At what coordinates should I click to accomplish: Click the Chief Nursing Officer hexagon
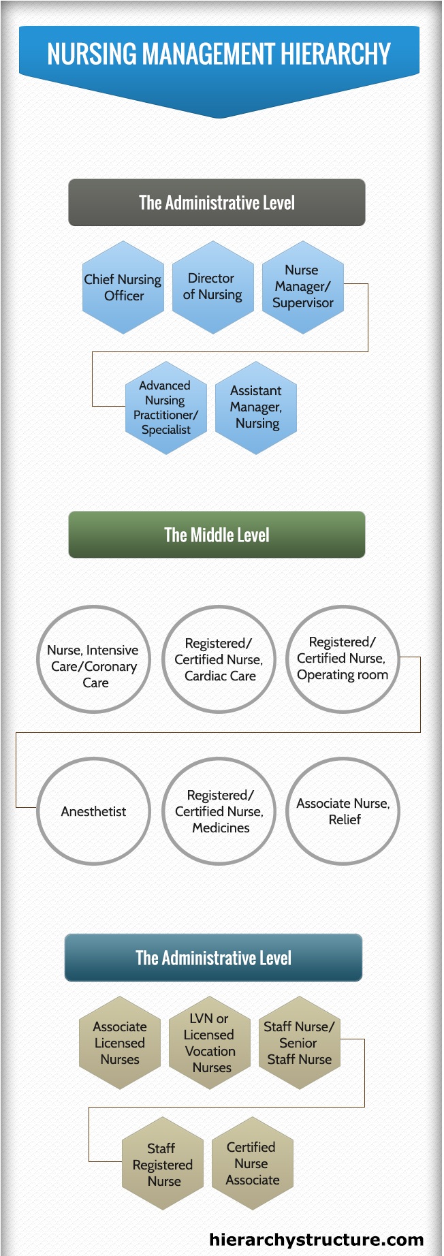pos(123,287)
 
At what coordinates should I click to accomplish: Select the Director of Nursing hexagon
pos(213,287)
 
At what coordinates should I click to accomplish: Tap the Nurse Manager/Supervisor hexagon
pos(303,287)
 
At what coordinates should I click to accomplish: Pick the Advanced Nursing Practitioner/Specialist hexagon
pos(166,408)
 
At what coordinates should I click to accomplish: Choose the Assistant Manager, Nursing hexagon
pos(256,408)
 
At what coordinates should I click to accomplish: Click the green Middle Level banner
pos(217,535)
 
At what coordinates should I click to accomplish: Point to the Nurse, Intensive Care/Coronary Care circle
pos(93,659)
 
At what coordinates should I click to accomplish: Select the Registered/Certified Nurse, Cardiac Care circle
pos(219,659)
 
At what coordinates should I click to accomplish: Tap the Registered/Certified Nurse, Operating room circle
pos(343,659)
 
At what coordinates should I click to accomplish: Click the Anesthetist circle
pos(93,811)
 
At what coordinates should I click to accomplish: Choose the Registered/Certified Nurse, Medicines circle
pos(219,811)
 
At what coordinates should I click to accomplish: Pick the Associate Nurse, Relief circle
pos(343,811)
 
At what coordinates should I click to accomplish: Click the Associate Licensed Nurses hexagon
pos(120,1043)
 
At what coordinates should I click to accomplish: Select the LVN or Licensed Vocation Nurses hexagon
pos(210,1043)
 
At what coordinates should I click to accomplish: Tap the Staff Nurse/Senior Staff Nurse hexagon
pos(300,1043)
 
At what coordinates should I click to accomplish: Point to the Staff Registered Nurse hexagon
pos(163,1163)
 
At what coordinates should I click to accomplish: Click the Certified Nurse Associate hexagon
pos(253,1163)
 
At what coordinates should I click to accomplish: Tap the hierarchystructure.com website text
pos(317,1239)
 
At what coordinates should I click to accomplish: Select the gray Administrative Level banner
pos(217,202)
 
